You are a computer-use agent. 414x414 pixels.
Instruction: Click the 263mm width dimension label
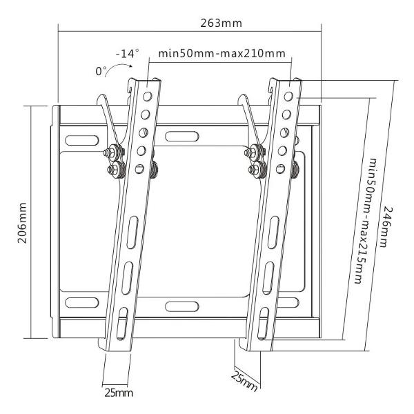point(221,23)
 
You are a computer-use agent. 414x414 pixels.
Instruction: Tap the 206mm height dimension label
point(22,223)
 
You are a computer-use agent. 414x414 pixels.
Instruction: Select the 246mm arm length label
point(387,227)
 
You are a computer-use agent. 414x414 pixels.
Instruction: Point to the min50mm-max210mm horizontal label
point(221,54)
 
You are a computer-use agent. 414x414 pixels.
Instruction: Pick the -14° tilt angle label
point(127,54)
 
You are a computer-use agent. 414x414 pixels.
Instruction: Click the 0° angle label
point(101,71)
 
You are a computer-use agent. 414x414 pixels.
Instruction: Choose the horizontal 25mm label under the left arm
point(119,393)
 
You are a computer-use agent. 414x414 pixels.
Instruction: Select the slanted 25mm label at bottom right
point(244,382)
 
